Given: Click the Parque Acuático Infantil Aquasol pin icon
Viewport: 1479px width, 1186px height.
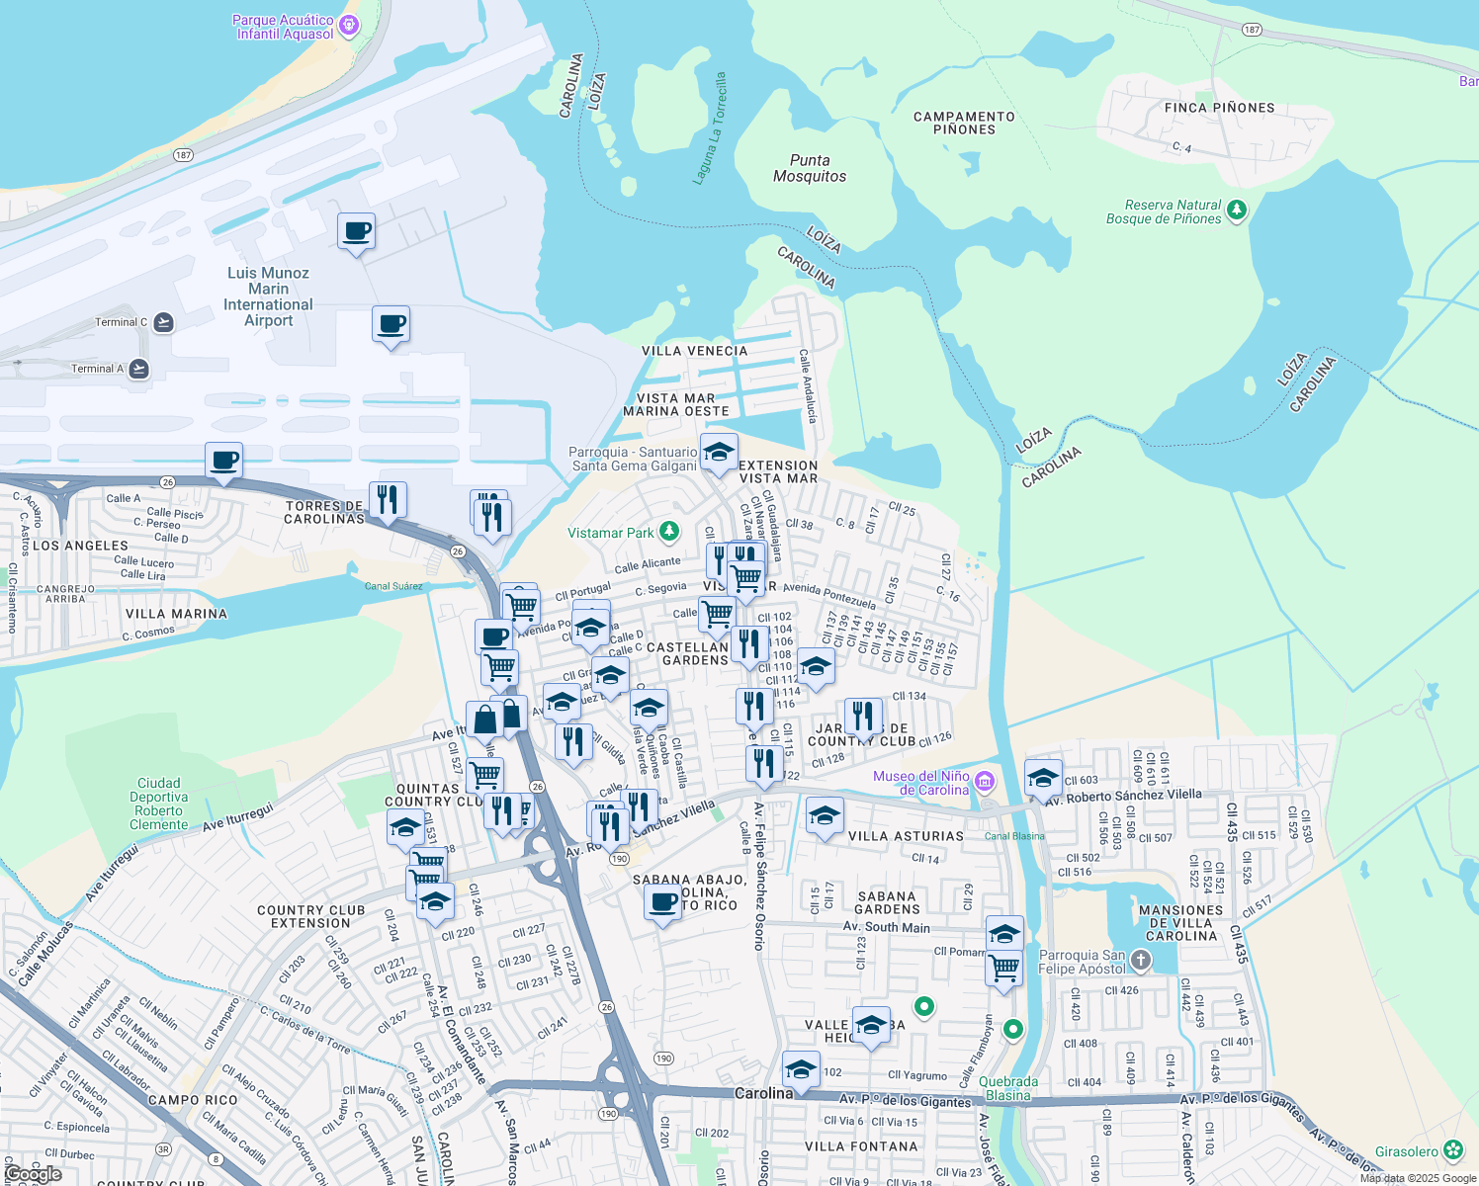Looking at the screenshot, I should click(348, 26).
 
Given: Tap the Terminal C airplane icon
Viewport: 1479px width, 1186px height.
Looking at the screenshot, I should click(163, 322).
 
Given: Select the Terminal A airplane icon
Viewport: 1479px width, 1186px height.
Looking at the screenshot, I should click(138, 369).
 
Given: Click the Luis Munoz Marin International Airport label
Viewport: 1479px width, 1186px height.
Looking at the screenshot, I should click(268, 296).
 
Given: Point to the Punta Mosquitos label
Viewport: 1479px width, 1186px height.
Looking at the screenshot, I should click(810, 168).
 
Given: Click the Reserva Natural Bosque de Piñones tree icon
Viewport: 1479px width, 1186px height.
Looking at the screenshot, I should click(1236, 210).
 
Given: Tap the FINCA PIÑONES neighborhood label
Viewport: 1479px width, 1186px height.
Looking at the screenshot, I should click(1219, 108).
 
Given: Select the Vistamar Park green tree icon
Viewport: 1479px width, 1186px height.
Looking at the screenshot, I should click(669, 533).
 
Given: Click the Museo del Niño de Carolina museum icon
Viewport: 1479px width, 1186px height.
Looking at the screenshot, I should click(984, 783).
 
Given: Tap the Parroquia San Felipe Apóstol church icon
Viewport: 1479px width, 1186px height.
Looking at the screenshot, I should click(1140, 961).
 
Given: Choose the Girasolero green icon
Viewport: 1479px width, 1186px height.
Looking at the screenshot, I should click(1452, 1150).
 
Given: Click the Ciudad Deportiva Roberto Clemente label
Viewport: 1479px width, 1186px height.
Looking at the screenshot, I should click(159, 804).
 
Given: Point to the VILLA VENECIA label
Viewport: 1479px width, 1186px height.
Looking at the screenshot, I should click(694, 351).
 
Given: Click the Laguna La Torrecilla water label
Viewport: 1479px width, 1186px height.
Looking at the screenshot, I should click(710, 128).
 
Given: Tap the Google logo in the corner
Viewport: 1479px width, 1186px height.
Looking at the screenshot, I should click(33, 1174).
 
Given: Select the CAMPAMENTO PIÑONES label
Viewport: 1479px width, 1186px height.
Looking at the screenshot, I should click(964, 123).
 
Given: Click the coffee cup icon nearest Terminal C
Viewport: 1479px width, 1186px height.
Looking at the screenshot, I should click(391, 324).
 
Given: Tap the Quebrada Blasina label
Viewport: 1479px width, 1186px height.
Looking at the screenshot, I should click(1008, 1088).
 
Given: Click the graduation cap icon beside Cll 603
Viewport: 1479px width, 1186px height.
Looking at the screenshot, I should click(1043, 778).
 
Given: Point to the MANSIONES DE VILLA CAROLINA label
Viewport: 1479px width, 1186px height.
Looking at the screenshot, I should click(1180, 923).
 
